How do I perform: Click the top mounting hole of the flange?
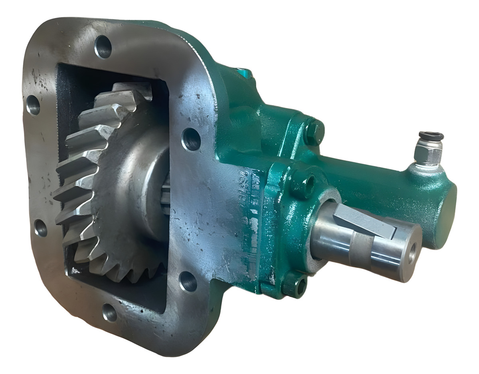(103, 47)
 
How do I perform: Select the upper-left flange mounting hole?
(33, 105)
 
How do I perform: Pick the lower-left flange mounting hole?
(40, 228)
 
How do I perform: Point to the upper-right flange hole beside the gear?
(191, 139)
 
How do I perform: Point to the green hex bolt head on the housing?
(314, 131)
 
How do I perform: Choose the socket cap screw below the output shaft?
(294, 284)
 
